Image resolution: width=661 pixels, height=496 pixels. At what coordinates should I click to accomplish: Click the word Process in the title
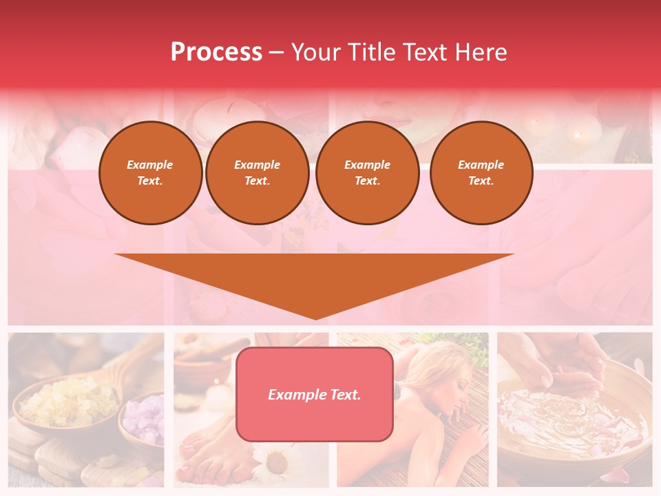[x=216, y=52]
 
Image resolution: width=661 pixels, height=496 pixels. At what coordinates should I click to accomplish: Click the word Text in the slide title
[x=423, y=52]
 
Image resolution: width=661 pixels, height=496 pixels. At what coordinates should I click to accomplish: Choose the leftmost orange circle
[x=150, y=173]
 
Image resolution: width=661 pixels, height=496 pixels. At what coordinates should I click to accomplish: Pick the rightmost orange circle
[x=481, y=173]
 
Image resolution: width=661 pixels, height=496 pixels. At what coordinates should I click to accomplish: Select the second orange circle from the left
[x=257, y=173]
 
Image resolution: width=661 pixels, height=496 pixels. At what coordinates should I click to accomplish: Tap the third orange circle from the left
[x=367, y=173]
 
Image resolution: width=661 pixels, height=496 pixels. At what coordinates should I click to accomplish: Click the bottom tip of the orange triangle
[x=315, y=318]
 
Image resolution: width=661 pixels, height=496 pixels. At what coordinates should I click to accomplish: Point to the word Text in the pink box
[x=344, y=395]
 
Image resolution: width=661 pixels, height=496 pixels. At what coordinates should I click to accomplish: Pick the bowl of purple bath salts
[x=143, y=420]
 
